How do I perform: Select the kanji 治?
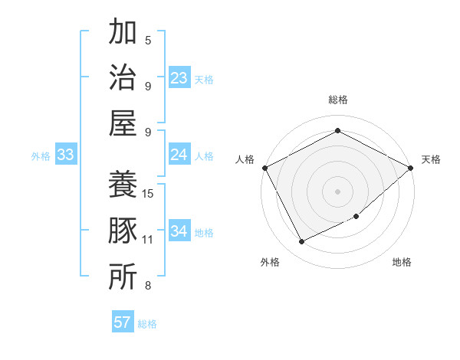pos(123,77)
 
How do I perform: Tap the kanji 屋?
pos(123,123)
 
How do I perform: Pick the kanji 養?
pos(123,185)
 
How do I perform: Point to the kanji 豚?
pos(123,231)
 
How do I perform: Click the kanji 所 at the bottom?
pos(123,277)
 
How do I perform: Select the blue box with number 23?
pos(179,77)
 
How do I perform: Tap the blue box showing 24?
pos(179,155)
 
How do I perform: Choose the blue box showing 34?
pos(179,231)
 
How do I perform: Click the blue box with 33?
pos(65,155)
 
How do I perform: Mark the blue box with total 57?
pos(123,322)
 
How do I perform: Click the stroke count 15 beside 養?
pos(149,193)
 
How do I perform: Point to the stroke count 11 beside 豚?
pos(149,240)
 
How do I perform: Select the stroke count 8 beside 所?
pos(148,286)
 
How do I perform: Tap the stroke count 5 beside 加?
pos(148,41)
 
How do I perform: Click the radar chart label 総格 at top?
pos(337,100)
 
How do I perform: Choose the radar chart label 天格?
pos(431,159)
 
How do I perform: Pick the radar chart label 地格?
pos(402,262)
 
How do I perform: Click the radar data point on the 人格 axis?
pos(264,167)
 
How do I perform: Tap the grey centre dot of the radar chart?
pos(337,191)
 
